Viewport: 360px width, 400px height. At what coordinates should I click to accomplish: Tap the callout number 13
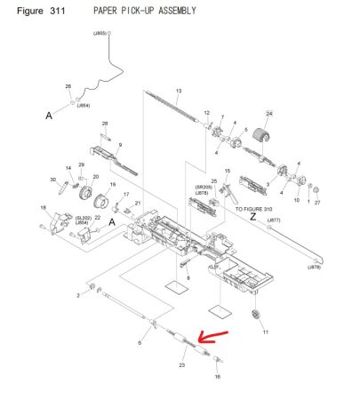[178, 92]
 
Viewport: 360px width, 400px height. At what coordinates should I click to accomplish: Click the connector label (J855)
[100, 33]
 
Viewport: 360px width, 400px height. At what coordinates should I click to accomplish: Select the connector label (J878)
[315, 268]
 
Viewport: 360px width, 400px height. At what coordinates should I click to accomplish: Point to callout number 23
[181, 364]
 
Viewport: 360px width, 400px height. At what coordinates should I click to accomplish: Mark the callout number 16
[217, 376]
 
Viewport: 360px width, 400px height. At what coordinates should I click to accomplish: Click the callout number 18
[43, 208]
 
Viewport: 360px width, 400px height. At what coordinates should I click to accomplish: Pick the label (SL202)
[82, 216]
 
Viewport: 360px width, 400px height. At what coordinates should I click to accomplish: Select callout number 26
[68, 86]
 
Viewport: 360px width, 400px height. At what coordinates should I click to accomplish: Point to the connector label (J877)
[272, 220]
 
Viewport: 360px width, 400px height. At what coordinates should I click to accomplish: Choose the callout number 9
[120, 145]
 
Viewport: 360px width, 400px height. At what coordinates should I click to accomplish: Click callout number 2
[77, 295]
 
